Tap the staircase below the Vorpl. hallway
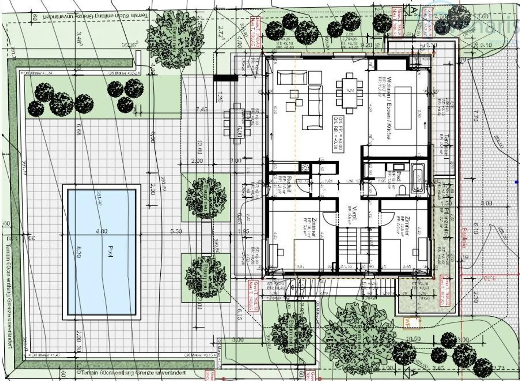tap(358, 245)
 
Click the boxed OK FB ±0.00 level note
tap(339, 133)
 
